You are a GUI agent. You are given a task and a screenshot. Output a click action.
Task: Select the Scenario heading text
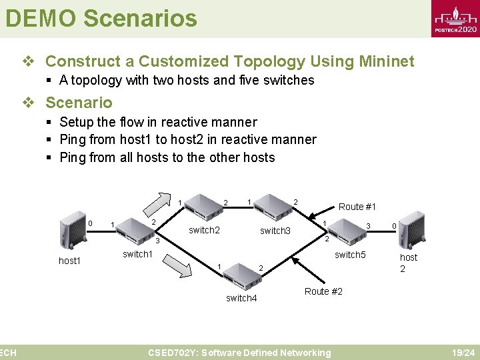click(x=79, y=103)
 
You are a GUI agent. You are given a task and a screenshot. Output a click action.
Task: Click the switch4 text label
click(x=241, y=298)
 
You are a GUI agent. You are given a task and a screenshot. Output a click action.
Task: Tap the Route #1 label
click(x=357, y=207)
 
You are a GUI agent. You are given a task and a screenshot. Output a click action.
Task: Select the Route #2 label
click(x=323, y=291)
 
